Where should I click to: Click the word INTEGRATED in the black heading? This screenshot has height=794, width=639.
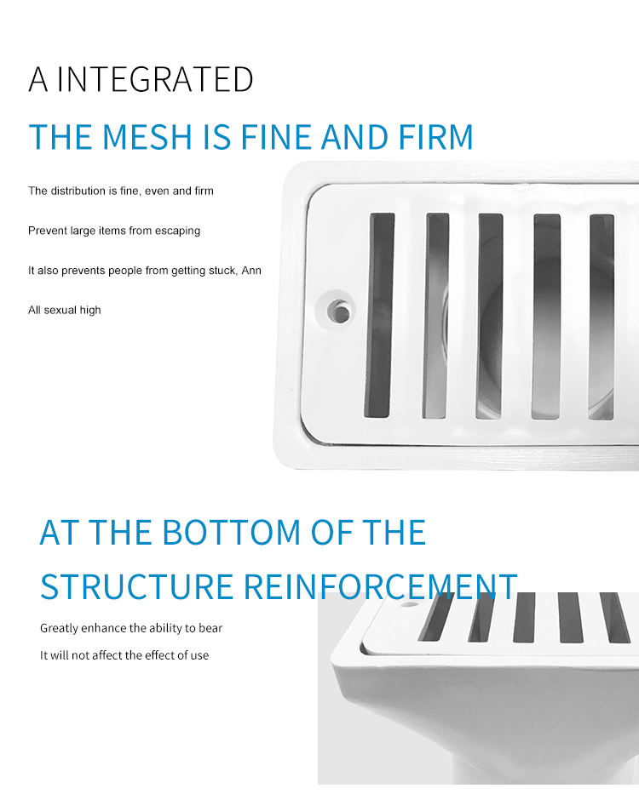(x=155, y=79)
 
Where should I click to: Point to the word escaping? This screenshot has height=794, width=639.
(x=177, y=231)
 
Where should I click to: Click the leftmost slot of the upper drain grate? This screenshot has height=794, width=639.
(x=380, y=315)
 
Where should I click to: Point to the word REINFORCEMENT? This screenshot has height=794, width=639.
(x=380, y=587)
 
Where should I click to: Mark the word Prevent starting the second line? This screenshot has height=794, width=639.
(x=47, y=231)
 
